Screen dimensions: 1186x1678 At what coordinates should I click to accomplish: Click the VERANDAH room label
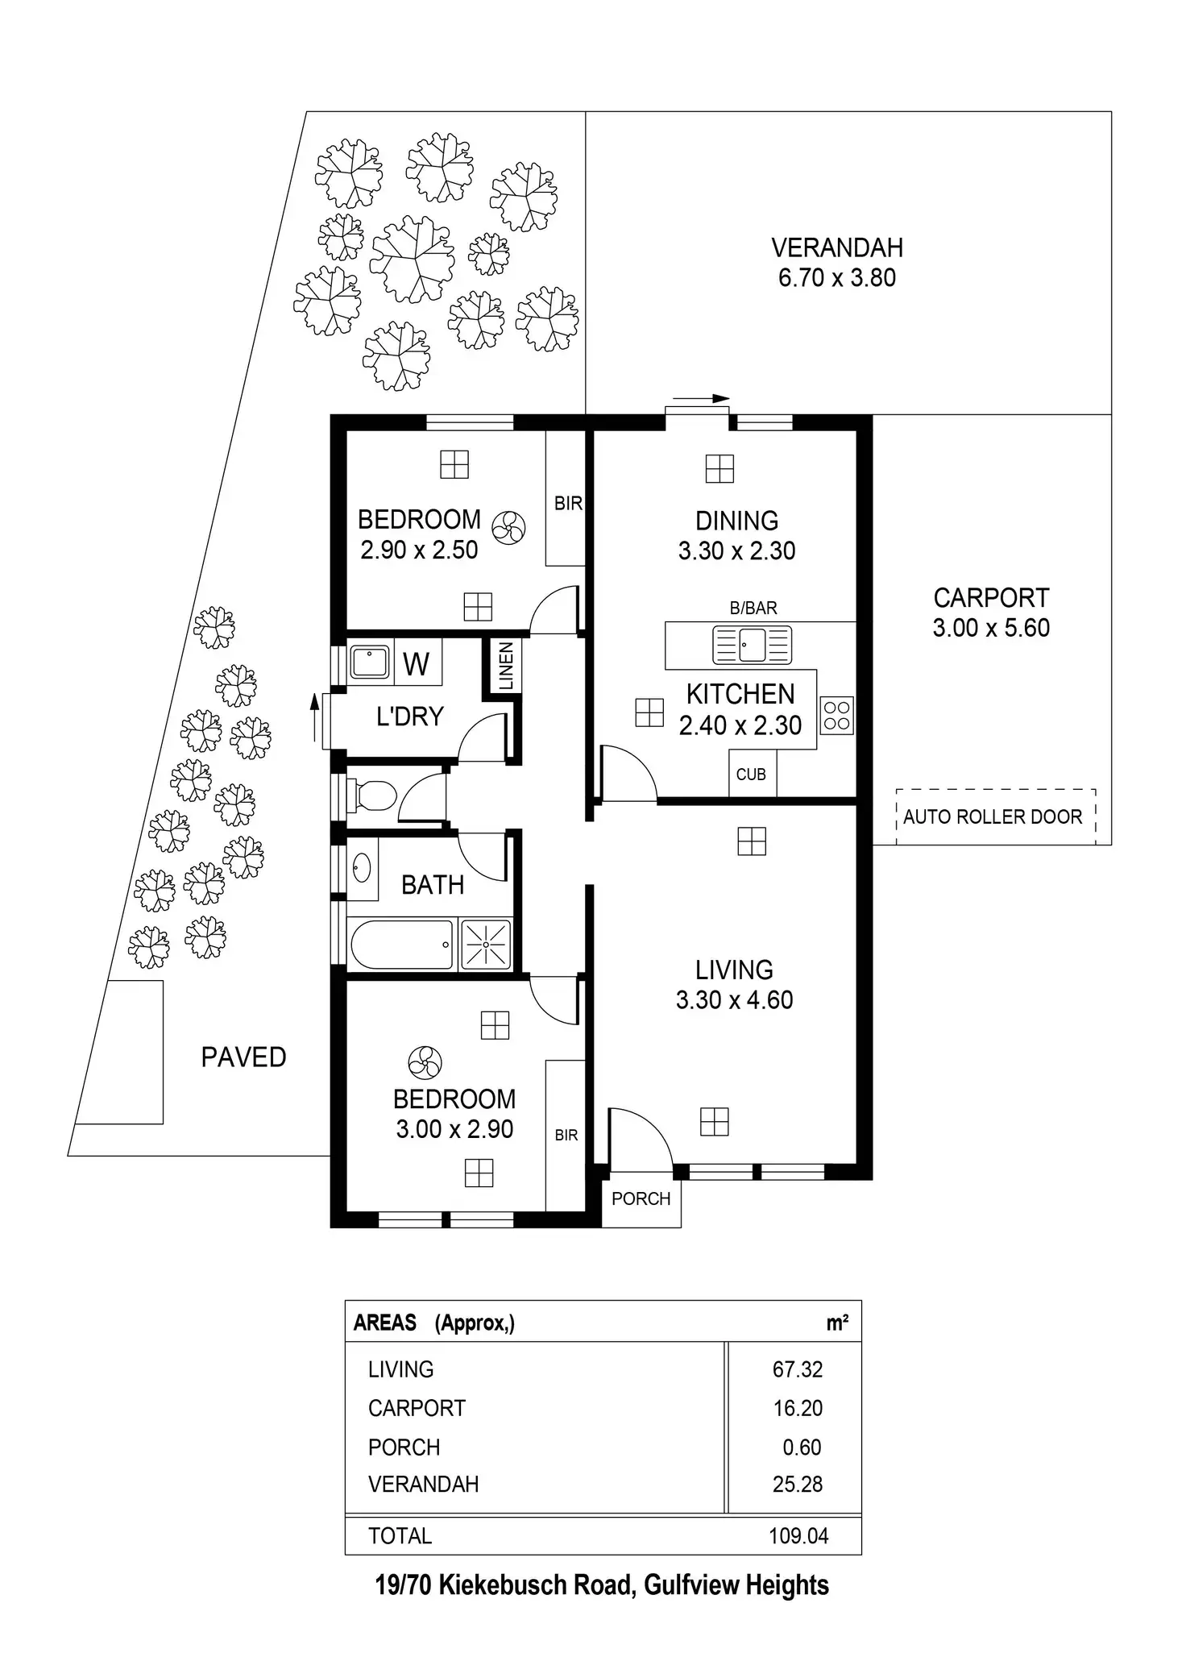click(x=836, y=247)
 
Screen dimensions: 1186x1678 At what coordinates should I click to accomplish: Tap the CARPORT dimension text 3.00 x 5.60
click(x=991, y=628)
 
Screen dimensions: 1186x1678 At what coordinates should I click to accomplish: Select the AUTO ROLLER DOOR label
click(x=992, y=816)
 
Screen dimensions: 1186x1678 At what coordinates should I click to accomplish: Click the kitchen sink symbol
click(x=753, y=646)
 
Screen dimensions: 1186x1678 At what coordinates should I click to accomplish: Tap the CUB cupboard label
click(x=751, y=775)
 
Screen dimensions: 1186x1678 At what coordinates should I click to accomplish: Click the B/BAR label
click(x=753, y=608)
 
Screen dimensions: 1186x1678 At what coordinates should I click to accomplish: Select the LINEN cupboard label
click(x=505, y=666)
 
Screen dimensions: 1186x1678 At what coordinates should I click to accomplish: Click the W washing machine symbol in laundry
click(x=416, y=664)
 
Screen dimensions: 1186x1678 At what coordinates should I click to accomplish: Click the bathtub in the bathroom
click(x=402, y=944)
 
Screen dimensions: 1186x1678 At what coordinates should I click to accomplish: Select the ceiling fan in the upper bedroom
click(x=508, y=529)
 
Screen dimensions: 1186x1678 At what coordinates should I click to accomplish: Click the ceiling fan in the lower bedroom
click(x=425, y=1063)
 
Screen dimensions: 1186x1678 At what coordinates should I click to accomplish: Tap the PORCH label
click(x=641, y=1198)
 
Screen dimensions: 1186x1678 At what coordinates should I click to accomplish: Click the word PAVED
click(x=243, y=1057)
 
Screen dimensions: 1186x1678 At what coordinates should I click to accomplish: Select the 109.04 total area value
click(x=798, y=1536)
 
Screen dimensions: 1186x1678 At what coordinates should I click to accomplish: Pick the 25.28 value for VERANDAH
click(x=798, y=1484)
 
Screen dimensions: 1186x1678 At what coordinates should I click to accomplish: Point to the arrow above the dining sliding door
click(x=701, y=398)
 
